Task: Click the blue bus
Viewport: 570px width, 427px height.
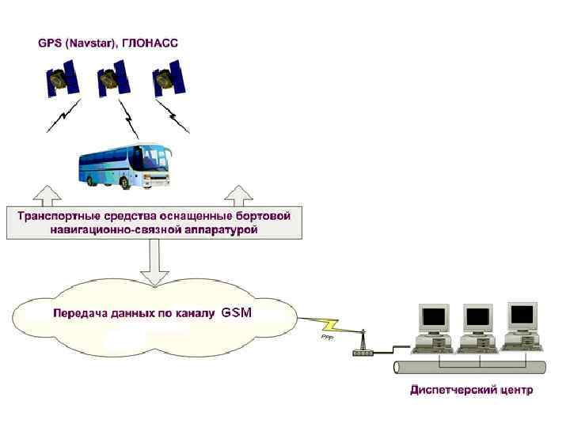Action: (124, 164)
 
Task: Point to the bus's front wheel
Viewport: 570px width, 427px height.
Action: (124, 181)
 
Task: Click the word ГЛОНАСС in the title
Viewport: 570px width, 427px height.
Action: (150, 43)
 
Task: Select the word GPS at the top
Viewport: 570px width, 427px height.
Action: (50, 43)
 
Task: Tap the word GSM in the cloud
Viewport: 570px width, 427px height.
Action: (237, 313)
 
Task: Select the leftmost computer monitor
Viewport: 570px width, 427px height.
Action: (434, 319)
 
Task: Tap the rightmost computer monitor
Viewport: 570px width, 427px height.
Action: (522, 316)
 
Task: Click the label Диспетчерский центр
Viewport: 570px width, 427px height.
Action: (471, 390)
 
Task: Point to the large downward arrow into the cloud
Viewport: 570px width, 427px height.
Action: (154, 264)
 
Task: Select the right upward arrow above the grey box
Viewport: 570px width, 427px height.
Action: (237, 195)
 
